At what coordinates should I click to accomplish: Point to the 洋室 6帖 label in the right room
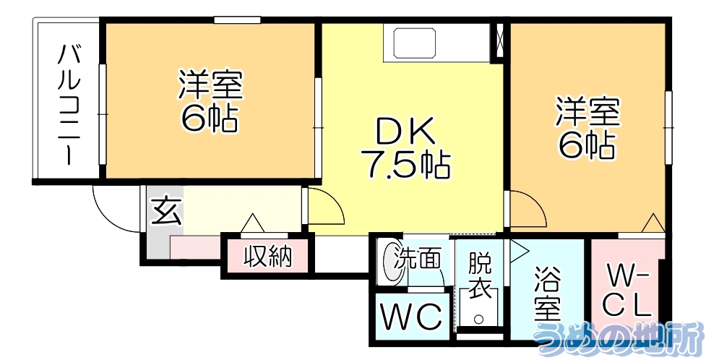point(587,127)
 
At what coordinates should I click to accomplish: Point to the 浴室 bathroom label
point(547,296)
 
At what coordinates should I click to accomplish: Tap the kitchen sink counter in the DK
point(416,43)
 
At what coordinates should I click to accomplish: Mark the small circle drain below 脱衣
point(478,317)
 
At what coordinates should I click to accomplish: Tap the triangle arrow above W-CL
point(653,223)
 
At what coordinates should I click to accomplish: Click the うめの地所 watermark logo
point(618,340)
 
